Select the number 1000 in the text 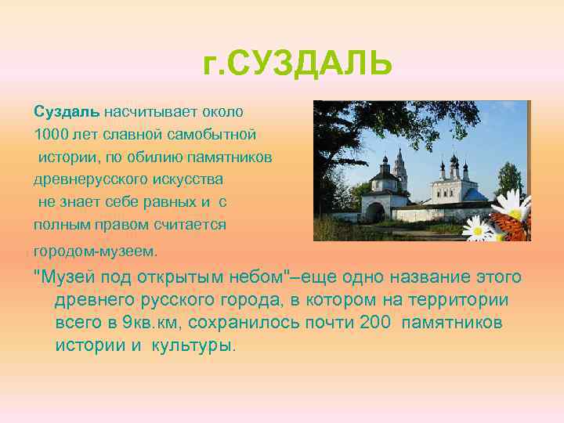click(x=49, y=134)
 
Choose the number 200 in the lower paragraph click(x=379, y=323)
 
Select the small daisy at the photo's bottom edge click(x=477, y=228)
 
